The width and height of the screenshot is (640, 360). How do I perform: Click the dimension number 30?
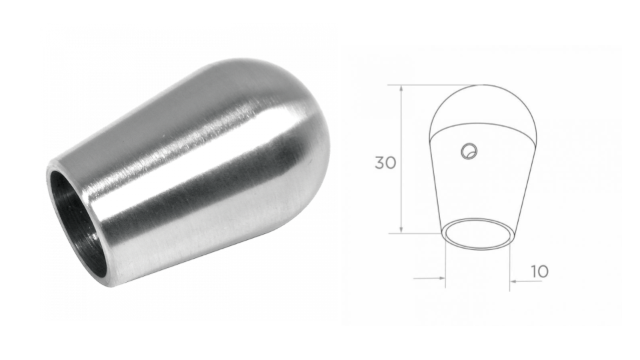click(x=385, y=163)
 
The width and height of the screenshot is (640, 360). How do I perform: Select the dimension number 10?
click(x=539, y=271)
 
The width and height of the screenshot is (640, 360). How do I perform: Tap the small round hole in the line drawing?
click(x=469, y=151)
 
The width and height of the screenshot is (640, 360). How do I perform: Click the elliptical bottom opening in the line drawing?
click(x=479, y=234)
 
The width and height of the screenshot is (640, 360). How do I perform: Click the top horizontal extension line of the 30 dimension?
click(x=433, y=85)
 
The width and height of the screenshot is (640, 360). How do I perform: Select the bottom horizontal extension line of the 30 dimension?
click(x=420, y=233)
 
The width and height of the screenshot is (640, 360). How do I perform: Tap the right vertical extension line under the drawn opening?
click(x=510, y=267)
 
